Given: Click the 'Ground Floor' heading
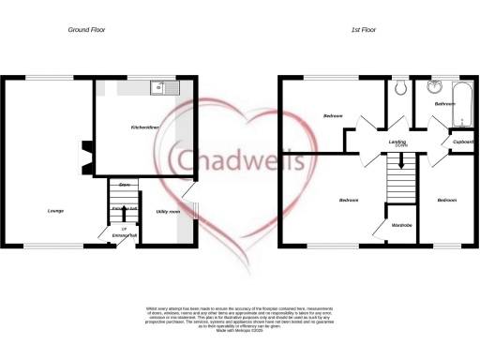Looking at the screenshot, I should [x=87, y=30].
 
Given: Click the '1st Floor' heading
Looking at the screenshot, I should [x=364, y=30].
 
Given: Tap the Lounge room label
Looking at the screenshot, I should [x=56, y=211].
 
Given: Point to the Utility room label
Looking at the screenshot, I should [x=168, y=211].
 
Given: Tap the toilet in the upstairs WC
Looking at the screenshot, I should [x=400, y=87].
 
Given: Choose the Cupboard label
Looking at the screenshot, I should [x=463, y=142].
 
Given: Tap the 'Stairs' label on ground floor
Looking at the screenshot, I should [x=123, y=186].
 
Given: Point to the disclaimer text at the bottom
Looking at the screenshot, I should [x=240, y=318].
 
